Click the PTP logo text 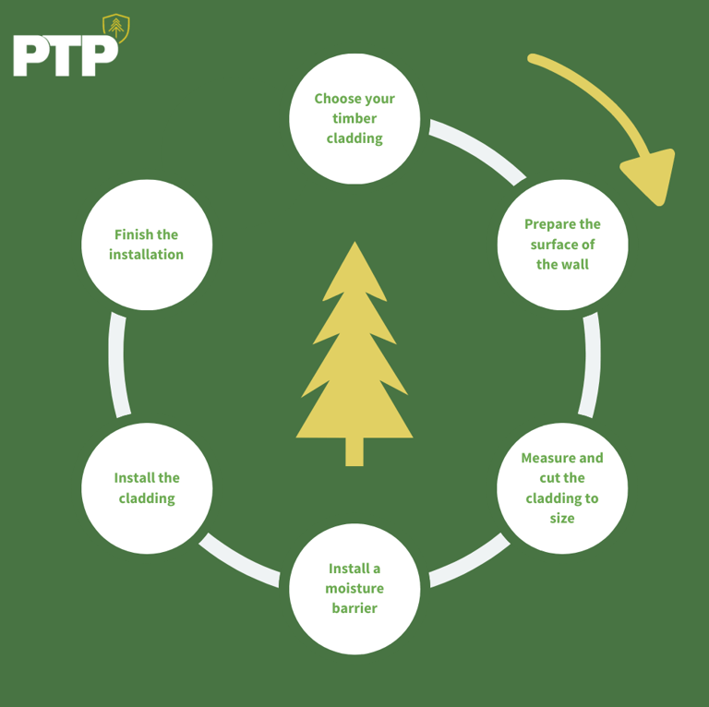point(65,55)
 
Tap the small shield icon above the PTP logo point(115,28)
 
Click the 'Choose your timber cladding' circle point(354,118)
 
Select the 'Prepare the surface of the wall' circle point(562,245)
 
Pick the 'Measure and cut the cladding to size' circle point(562,487)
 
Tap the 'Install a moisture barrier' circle point(354,588)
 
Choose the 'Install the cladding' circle point(147,487)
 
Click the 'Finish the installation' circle point(147,245)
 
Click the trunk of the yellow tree point(354,451)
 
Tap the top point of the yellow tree point(354,244)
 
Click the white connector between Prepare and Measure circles point(591,365)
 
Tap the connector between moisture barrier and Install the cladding point(239,559)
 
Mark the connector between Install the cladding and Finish point(117,365)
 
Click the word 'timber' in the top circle point(354,118)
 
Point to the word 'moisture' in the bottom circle point(354,588)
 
